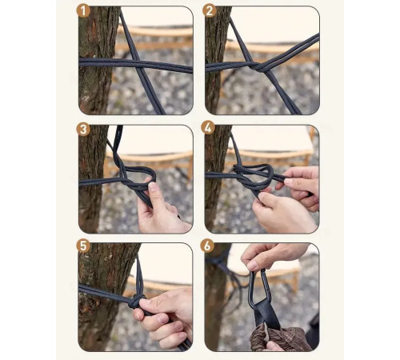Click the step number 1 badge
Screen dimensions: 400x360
coord(84,11)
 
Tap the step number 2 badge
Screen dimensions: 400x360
coord(209,11)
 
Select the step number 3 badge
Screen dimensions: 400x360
coord(83,130)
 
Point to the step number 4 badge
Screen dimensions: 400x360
coord(208,128)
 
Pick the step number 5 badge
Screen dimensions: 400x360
coord(83,246)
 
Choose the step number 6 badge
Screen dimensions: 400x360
coord(207,246)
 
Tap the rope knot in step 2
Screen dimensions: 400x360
coord(258,66)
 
